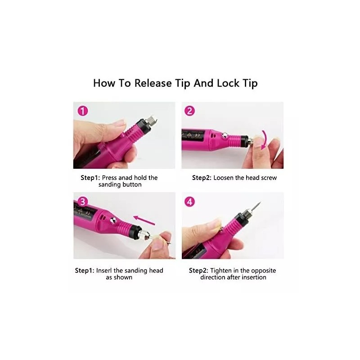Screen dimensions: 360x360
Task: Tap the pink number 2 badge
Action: coord(189,111)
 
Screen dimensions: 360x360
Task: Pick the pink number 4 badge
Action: coord(189,202)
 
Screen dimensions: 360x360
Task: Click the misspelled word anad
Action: coord(127,178)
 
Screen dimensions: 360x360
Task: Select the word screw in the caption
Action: coord(269,178)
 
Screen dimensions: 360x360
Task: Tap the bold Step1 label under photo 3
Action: coord(84,270)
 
